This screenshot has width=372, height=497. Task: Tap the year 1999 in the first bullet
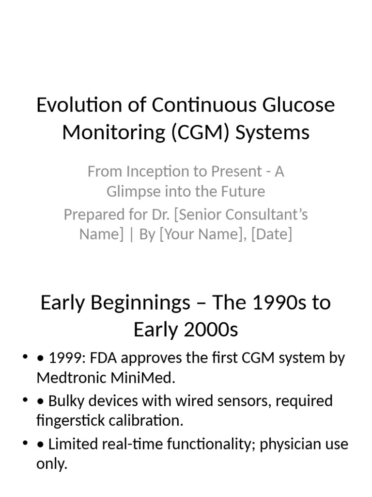(63, 359)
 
